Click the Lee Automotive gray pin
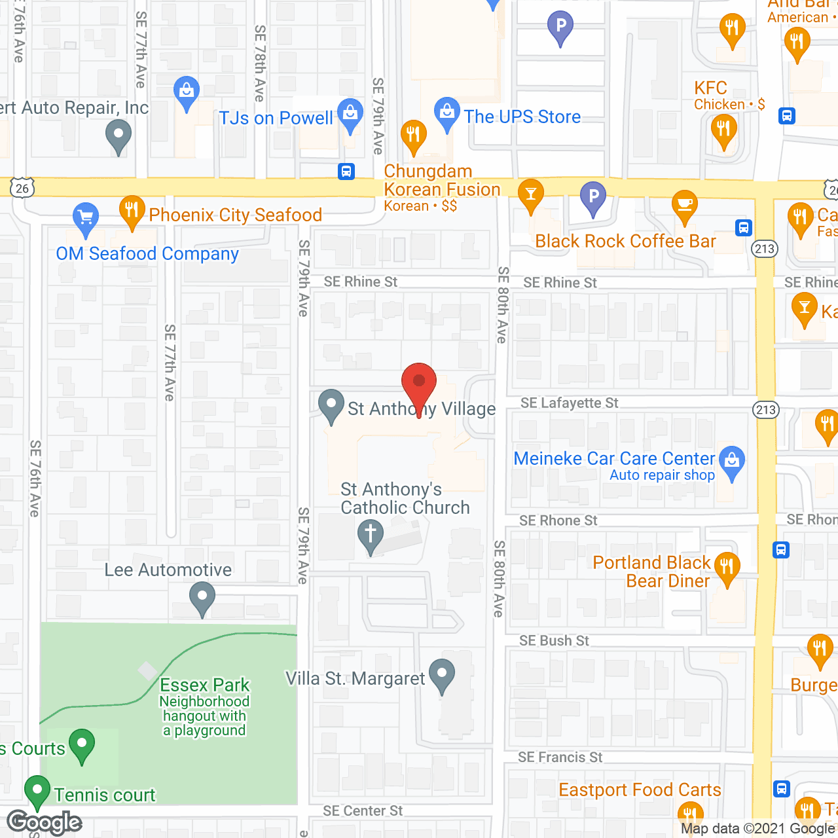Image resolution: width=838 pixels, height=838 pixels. click(x=202, y=597)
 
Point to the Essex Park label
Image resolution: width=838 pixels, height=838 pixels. click(x=205, y=685)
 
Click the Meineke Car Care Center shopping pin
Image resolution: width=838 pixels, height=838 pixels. click(x=732, y=461)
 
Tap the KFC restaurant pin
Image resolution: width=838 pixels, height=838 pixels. click(x=723, y=128)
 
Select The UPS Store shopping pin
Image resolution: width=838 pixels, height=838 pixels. click(x=447, y=112)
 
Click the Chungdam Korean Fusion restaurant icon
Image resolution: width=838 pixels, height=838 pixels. click(x=412, y=135)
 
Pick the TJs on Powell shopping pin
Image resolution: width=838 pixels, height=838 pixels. click(x=350, y=113)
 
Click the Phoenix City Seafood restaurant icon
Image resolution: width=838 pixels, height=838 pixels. click(x=132, y=210)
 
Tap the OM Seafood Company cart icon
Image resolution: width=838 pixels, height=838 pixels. click(x=85, y=217)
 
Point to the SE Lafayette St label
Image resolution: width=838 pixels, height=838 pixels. click(x=569, y=403)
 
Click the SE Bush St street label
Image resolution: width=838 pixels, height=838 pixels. click(x=554, y=641)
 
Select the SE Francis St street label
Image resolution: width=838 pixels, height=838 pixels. click(x=560, y=757)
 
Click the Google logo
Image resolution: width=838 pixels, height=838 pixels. click(x=45, y=822)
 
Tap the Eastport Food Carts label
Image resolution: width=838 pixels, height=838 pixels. click(x=640, y=790)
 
